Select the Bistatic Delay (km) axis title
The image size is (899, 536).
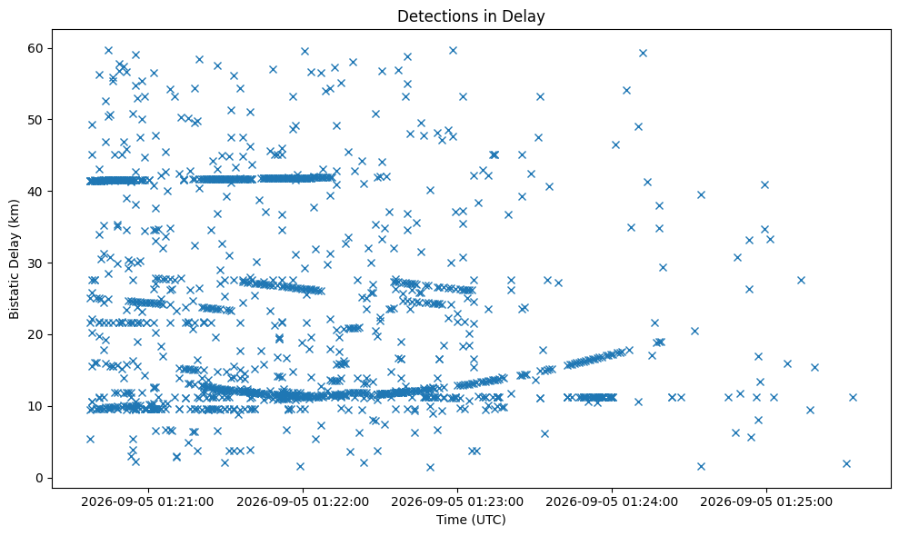[14, 259]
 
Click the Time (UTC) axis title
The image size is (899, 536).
[471, 520]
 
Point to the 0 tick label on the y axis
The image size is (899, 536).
[40, 478]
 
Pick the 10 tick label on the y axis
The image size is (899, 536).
[35, 406]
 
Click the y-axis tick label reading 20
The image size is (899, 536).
[35, 335]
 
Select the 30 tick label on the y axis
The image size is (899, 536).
[35, 263]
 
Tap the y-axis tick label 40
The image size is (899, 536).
[35, 192]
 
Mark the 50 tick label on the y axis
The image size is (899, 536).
[35, 120]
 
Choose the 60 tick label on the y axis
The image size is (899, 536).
[35, 48]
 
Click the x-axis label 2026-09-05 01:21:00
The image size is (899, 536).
[148, 502]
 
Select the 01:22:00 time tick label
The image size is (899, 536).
[303, 502]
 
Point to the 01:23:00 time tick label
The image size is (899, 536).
[457, 502]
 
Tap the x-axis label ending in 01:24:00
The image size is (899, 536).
[612, 502]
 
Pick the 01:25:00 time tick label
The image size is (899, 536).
[766, 502]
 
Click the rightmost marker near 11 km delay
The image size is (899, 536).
[854, 397]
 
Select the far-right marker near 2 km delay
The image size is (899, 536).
[847, 463]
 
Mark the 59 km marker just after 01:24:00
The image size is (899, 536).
[643, 54]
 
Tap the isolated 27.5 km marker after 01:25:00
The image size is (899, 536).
[801, 280]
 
